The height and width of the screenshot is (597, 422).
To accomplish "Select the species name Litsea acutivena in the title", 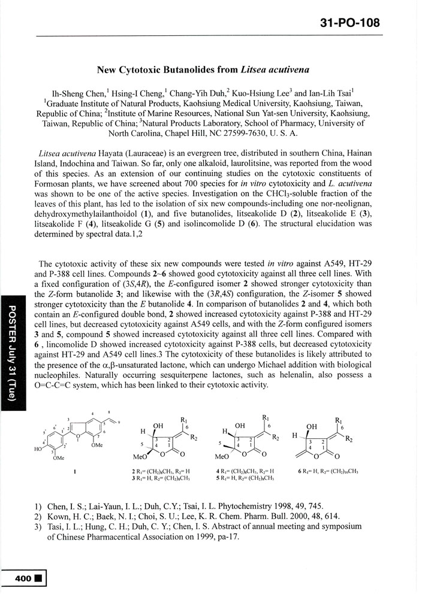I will (275, 69).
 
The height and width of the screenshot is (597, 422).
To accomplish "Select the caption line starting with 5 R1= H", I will (246, 478).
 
